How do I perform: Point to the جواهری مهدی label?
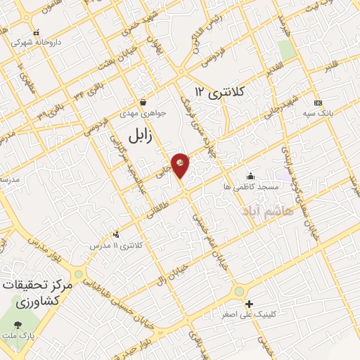143,112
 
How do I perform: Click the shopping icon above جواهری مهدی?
143,101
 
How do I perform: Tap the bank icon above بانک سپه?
318,102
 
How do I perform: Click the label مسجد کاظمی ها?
252,187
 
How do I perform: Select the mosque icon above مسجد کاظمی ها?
251,176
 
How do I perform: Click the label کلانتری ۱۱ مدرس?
117,245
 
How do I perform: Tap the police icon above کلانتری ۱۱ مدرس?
116,235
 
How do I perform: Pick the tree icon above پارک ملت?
18,325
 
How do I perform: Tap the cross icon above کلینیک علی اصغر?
249,304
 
